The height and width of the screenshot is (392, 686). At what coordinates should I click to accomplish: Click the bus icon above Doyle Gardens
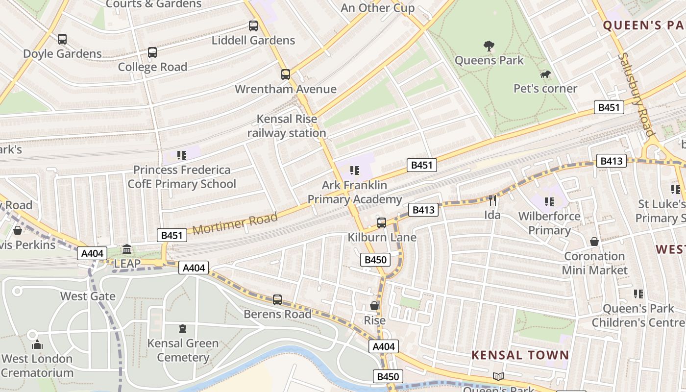pyautogui.click(x=62, y=39)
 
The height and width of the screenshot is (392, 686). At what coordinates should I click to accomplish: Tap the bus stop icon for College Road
pyautogui.click(x=152, y=52)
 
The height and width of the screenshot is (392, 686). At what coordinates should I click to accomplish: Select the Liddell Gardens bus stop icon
pyautogui.click(x=253, y=26)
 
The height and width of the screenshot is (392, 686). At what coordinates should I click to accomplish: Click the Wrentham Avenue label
pyautogui.click(x=286, y=89)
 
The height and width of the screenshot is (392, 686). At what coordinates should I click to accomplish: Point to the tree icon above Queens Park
pyautogui.click(x=489, y=46)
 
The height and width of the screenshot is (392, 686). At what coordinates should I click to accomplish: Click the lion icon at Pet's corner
pyautogui.click(x=545, y=74)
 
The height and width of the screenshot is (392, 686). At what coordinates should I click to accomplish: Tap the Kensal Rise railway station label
pyautogui.click(x=287, y=126)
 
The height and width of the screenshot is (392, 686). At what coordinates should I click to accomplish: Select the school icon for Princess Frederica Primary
pyautogui.click(x=182, y=155)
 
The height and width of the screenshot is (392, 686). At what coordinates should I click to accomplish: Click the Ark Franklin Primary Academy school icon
pyautogui.click(x=355, y=171)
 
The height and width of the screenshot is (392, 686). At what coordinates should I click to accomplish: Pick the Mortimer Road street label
pyautogui.click(x=235, y=223)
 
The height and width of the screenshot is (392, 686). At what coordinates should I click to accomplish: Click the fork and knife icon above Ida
pyautogui.click(x=492, y=200)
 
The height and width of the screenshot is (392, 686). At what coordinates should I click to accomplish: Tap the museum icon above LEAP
pyautogui.click(x=127, y=249)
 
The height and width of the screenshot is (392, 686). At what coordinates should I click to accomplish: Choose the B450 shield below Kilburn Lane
pyautogui.click(x=376, y=260)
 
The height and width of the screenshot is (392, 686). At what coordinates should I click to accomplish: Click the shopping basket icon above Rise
pyautogui.click(x=374, y=306)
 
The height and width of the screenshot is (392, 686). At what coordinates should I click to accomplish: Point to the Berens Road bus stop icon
pyautogui.click(x=277, y=299)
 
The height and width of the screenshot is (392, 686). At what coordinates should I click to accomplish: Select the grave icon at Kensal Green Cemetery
pyautogui.click(x=183, y=328)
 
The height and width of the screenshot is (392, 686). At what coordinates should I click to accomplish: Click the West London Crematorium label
pyautogui.click(x=37, y=366)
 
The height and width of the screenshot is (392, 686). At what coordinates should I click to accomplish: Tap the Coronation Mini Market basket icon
pyautogui.click(x=594, y=242)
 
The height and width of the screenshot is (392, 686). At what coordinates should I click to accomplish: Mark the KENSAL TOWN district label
pyautogui.click(x=520, y=355)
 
